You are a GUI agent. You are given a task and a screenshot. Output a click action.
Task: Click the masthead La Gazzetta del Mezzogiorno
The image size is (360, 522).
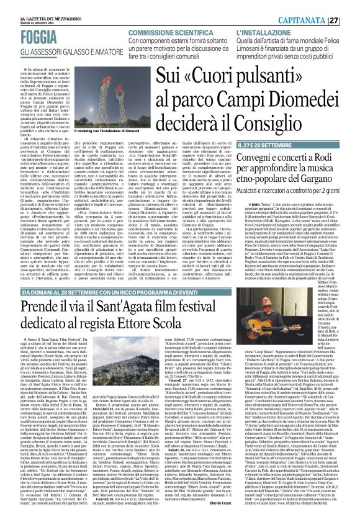pos(31,5)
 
